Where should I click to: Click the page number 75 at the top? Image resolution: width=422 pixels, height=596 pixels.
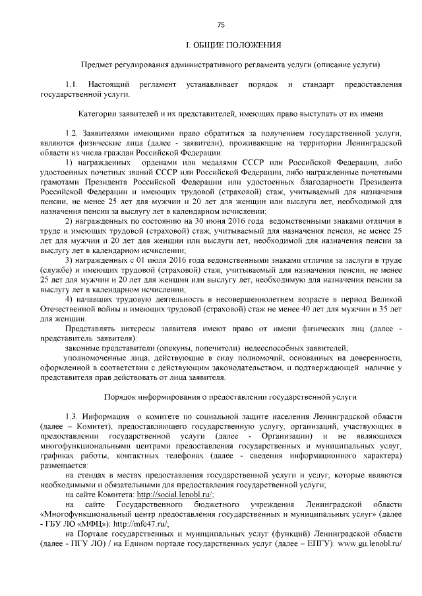click(x=221, y=25)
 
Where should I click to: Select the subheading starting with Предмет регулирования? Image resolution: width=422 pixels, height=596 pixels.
click(x=230, y=66)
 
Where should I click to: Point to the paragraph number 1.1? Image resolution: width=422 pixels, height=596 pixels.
click(x=72, y=86)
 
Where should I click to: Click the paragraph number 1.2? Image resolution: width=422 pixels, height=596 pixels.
click(x=72, y=133)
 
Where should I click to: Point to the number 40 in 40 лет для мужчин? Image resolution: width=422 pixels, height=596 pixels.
click(x=322, y=308)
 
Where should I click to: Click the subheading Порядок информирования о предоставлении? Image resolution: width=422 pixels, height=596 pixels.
click(x=230, y=397)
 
